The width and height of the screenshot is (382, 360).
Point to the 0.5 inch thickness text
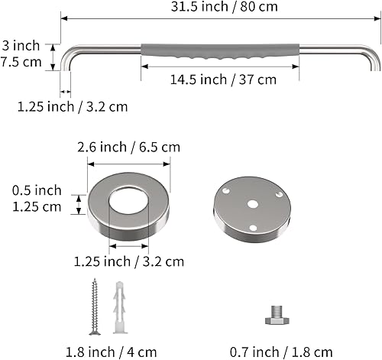tap(37, 190)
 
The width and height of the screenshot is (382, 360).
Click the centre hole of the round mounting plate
tap(253, 203)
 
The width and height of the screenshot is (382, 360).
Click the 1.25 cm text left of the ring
tap(36, 206)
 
